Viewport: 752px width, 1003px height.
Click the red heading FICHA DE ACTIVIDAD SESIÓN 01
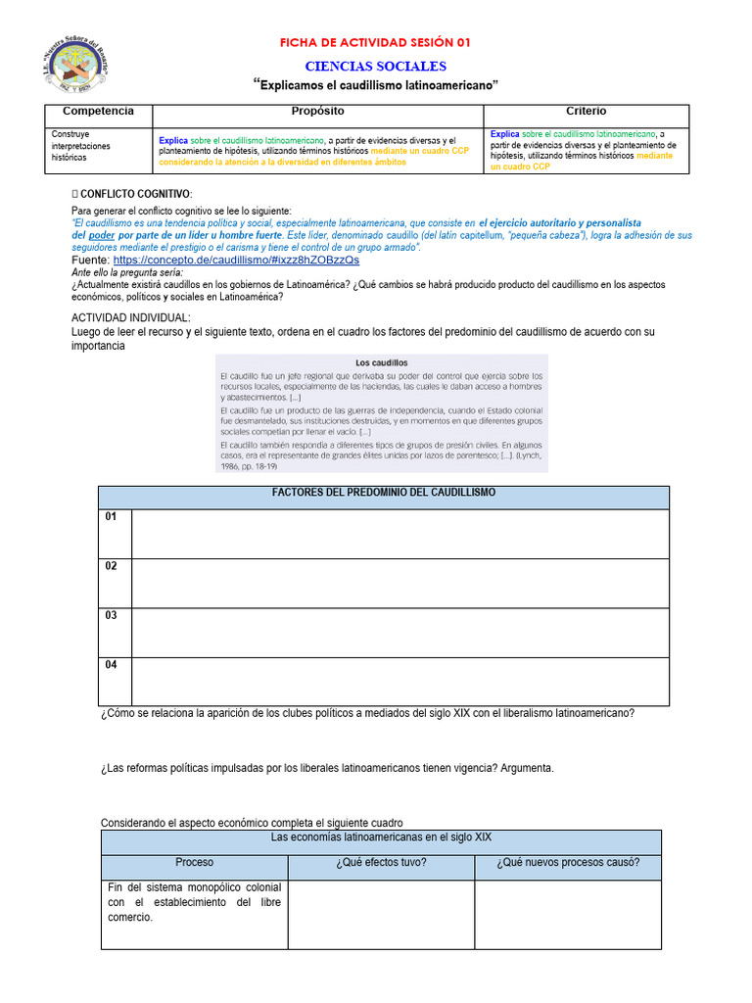(375, 42)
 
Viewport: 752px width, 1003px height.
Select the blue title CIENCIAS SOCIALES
(375, 66)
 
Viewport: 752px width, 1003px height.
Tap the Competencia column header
(98, 112)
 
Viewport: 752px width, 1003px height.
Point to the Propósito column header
(317, 112)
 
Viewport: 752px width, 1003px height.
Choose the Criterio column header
(586, 112)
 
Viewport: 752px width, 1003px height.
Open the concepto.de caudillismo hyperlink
(235, 261)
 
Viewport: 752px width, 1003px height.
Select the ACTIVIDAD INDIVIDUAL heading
(131, 318)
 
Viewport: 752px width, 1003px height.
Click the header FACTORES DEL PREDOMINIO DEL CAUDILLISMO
(384, 493)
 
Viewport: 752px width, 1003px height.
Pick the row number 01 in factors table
(112, 516)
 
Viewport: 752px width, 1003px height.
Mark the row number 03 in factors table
(112, 615)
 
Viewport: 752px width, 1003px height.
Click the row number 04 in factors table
(112, 664)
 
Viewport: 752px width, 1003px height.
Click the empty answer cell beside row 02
(399, 583)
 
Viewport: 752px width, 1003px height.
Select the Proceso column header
(194, 863)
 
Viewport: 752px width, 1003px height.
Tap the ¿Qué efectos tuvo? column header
(381, 863)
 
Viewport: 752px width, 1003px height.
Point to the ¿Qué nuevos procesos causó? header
(568, 863)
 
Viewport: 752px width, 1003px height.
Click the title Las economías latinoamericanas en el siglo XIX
(381, 838)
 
